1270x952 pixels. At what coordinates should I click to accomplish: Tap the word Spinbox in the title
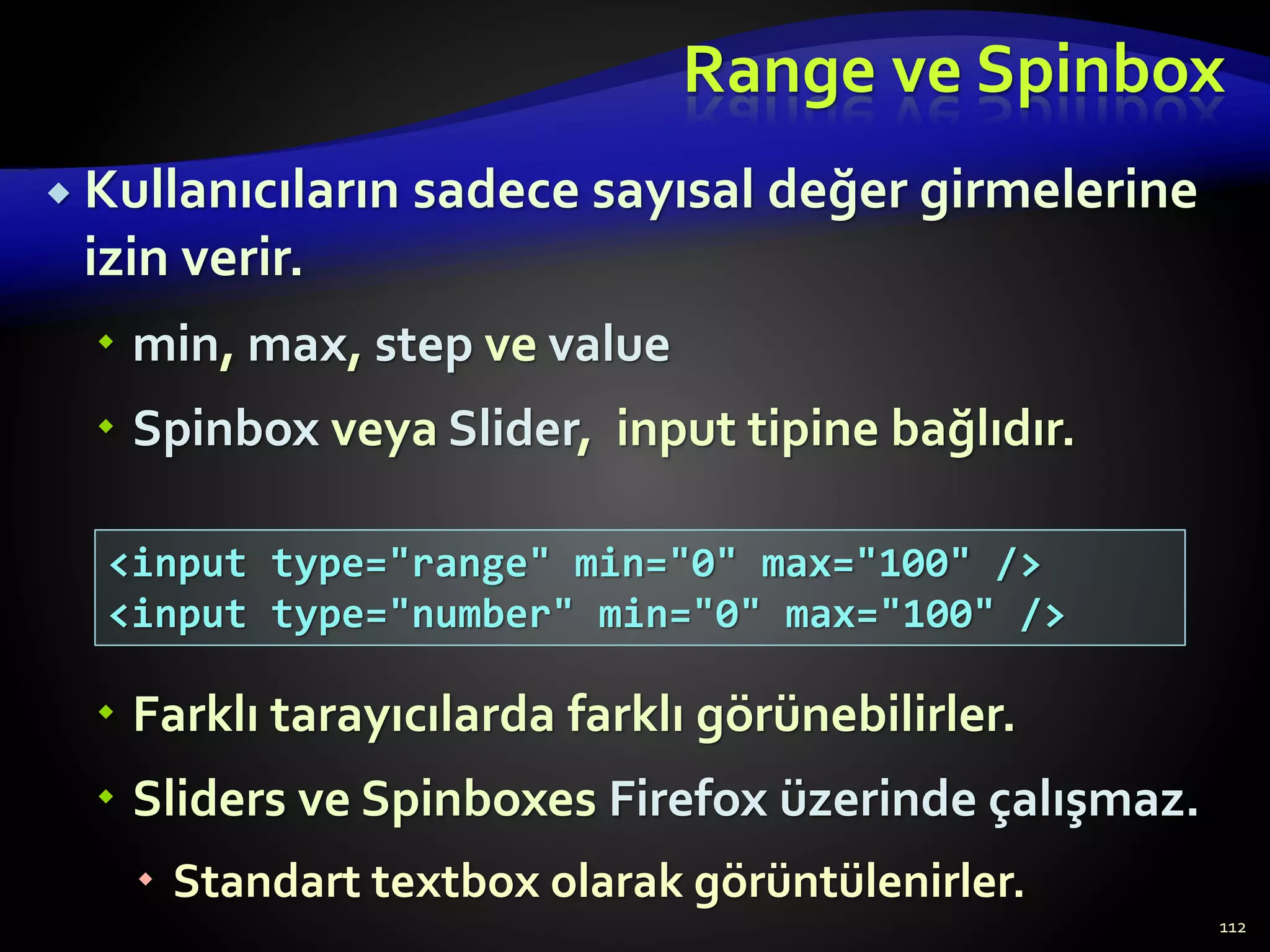(x=1101, y=73)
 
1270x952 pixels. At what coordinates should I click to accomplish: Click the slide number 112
(x=1232, y=928)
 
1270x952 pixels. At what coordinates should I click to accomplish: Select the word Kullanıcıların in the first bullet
(x=242, y=191)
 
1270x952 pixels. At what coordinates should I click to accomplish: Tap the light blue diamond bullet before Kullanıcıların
(x=60, y=195)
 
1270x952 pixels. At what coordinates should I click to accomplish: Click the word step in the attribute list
(x=423, y=346)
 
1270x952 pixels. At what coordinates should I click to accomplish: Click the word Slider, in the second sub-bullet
(x=520, y=430)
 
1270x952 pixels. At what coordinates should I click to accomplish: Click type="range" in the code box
(x=410, y=564)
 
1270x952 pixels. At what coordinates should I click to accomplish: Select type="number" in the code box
(x=422, y=615)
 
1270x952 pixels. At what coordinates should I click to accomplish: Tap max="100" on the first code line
(x=865, y=564)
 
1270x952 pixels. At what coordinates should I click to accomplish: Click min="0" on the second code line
(x=678, y=615)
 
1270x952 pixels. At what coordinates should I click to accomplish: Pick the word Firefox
(x=688, y=800)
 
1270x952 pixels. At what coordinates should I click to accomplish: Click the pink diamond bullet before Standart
(x=146, y=879)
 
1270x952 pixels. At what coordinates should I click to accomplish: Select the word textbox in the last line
(x=455, y=882)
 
